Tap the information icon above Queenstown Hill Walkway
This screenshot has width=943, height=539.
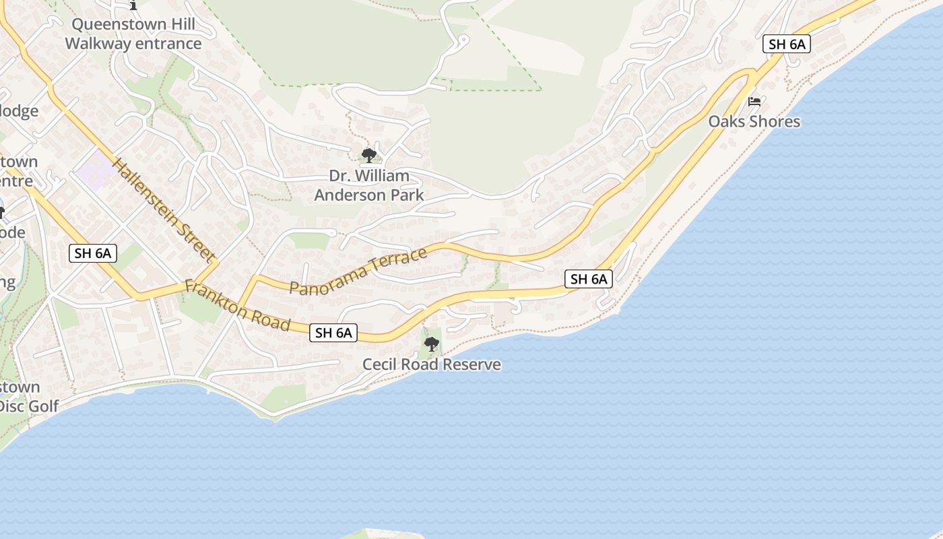pyautogui.click(x=133, y=5)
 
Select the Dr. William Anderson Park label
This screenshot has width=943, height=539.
pyautogui.click(x=369, y=185)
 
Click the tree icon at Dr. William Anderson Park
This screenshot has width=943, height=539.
pyautogui.click(x=368, y=156)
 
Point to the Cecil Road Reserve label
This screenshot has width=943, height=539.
pyautogui.click(x=432, y=364)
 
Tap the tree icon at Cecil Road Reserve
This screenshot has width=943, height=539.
pyautogui.click(x=432, y=344)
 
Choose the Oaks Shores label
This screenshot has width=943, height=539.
pyautogui.click(x=754, y=121)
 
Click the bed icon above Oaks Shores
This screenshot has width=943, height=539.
pyautogui.click(x=754, y=102)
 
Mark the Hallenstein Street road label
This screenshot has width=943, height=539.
pyautogui.click(x=163, y=210)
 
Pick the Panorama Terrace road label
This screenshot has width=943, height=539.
pyautogui.click(x=358, y=271)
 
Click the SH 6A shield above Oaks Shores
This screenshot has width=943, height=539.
pyautogui.click(x=786, y=44)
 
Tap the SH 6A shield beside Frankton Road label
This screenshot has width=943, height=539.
pyautogui.click(x=333, y=332)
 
